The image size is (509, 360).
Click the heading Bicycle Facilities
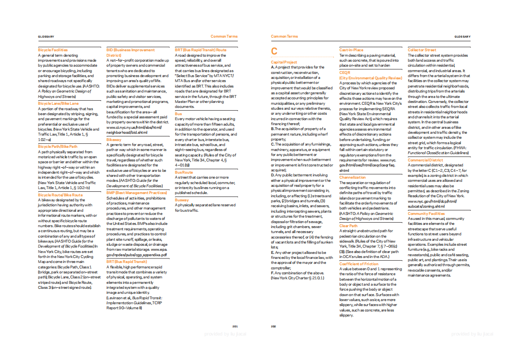53,50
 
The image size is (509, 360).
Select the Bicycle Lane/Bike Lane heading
58,103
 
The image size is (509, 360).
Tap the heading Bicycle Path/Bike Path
58,146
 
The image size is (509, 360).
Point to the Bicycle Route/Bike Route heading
60,195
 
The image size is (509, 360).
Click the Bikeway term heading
114,140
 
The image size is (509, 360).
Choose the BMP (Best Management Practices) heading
134,193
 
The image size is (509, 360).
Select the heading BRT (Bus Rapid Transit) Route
201,50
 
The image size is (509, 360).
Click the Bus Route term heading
184,172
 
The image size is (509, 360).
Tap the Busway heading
182,199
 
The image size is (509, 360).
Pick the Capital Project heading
284,62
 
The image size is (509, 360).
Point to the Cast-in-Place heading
351,50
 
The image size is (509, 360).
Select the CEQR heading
345,73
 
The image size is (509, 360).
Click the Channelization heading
352,177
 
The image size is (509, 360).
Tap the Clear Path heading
348,225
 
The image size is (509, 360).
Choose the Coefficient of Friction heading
359,263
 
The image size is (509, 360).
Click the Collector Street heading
422,50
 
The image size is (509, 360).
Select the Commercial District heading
425,160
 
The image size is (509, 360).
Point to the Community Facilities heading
426,214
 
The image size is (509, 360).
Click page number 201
235,326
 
